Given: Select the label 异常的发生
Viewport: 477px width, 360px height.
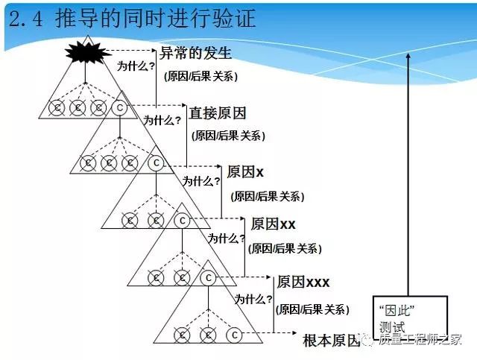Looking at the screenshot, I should click(195, 54).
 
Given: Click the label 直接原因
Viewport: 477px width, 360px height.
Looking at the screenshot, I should click(217, 113).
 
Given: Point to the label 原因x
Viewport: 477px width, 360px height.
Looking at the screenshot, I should click(245, 171).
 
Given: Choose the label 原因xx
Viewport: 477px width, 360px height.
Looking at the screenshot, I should click(274, 224).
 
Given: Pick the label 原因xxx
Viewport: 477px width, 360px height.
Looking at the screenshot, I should click(303, 282).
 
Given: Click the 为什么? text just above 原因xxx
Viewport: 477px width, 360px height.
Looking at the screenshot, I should click(253, 298).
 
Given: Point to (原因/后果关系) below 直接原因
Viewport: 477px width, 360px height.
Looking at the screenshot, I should click(228, 136).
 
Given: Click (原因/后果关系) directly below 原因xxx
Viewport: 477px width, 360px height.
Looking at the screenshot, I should click(312, 309).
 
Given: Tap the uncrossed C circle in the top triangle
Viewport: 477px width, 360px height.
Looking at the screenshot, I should click(119, 108).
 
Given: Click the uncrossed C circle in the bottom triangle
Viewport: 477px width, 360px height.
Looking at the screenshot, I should click(233, 335).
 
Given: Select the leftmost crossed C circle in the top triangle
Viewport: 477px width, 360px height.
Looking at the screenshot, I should click(56, 108).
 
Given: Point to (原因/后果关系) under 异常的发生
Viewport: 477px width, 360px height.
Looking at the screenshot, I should click(198, 77).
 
